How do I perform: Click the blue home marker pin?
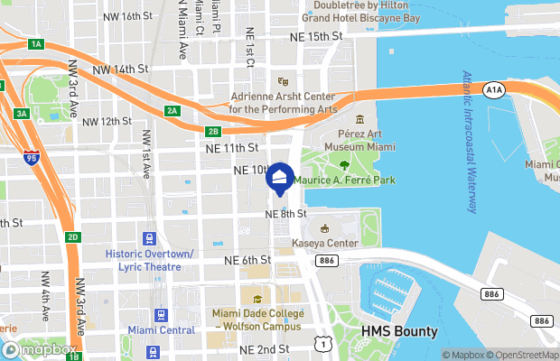coord(280,178)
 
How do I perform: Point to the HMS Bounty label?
coord(399,331)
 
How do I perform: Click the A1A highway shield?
coord(493,90)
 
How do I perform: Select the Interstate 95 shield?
coord(32,156)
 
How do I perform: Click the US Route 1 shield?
coord(322,342)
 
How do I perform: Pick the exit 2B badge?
coord(213,131)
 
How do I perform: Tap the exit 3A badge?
coord(21,113)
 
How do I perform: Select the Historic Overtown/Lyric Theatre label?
coord(149,261)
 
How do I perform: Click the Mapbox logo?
coord(40,349)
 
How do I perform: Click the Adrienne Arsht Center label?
coord(283,103)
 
